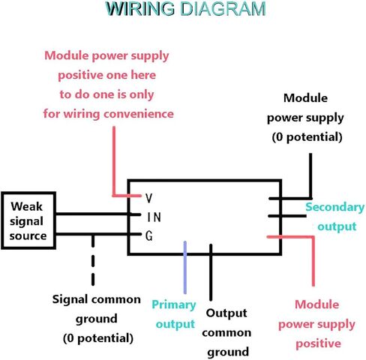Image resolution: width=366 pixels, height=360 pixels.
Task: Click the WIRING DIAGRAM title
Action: pyautogui.click(x=185, y=9)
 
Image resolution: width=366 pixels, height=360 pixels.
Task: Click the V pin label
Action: pyautogui.click(x=149, y=198)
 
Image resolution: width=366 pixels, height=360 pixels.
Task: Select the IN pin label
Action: pyautogui.click(x=154, y=217)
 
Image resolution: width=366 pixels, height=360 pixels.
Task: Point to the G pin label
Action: pyautogui.click(x=149, y=236)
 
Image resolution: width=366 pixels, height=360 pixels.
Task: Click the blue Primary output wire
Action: pyautogui.click(x=185, y=268)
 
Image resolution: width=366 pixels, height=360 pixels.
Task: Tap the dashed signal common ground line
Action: pyautogui.click(x=93, y=260)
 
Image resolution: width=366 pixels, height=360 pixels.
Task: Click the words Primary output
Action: pyautogui.click(x=175, y=314)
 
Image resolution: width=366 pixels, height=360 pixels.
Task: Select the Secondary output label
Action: pyautogui.click(x=335, y=217)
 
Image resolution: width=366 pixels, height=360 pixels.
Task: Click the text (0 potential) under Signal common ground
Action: pyautogui.click(x=98, y=338)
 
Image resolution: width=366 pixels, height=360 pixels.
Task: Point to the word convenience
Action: pyautogui.click(x=139, y=114)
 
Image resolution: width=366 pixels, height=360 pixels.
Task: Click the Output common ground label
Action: pyautogui.click(x=226, y=332)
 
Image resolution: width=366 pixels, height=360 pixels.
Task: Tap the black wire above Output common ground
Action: pyautogui.click(x=211, y=272)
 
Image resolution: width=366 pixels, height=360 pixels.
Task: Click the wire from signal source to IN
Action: pyautogui.click(x=98, y=214)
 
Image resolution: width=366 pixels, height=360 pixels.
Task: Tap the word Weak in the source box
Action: pyautogui.click(x=26, y=206)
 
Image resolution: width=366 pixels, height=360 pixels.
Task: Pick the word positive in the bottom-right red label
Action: pyautogui.click(x=318, y=343)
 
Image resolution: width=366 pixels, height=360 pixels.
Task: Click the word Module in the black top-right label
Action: pyautogui.click(x=305, y=98)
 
